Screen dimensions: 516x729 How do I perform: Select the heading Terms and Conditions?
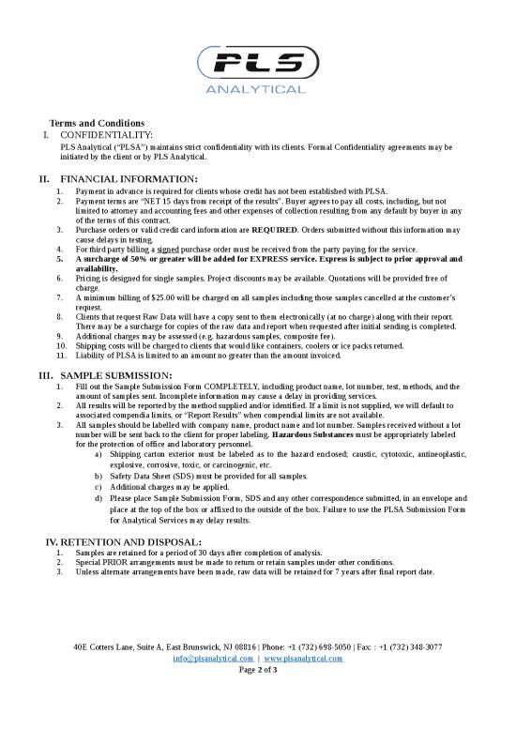click(x=97, y=124)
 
